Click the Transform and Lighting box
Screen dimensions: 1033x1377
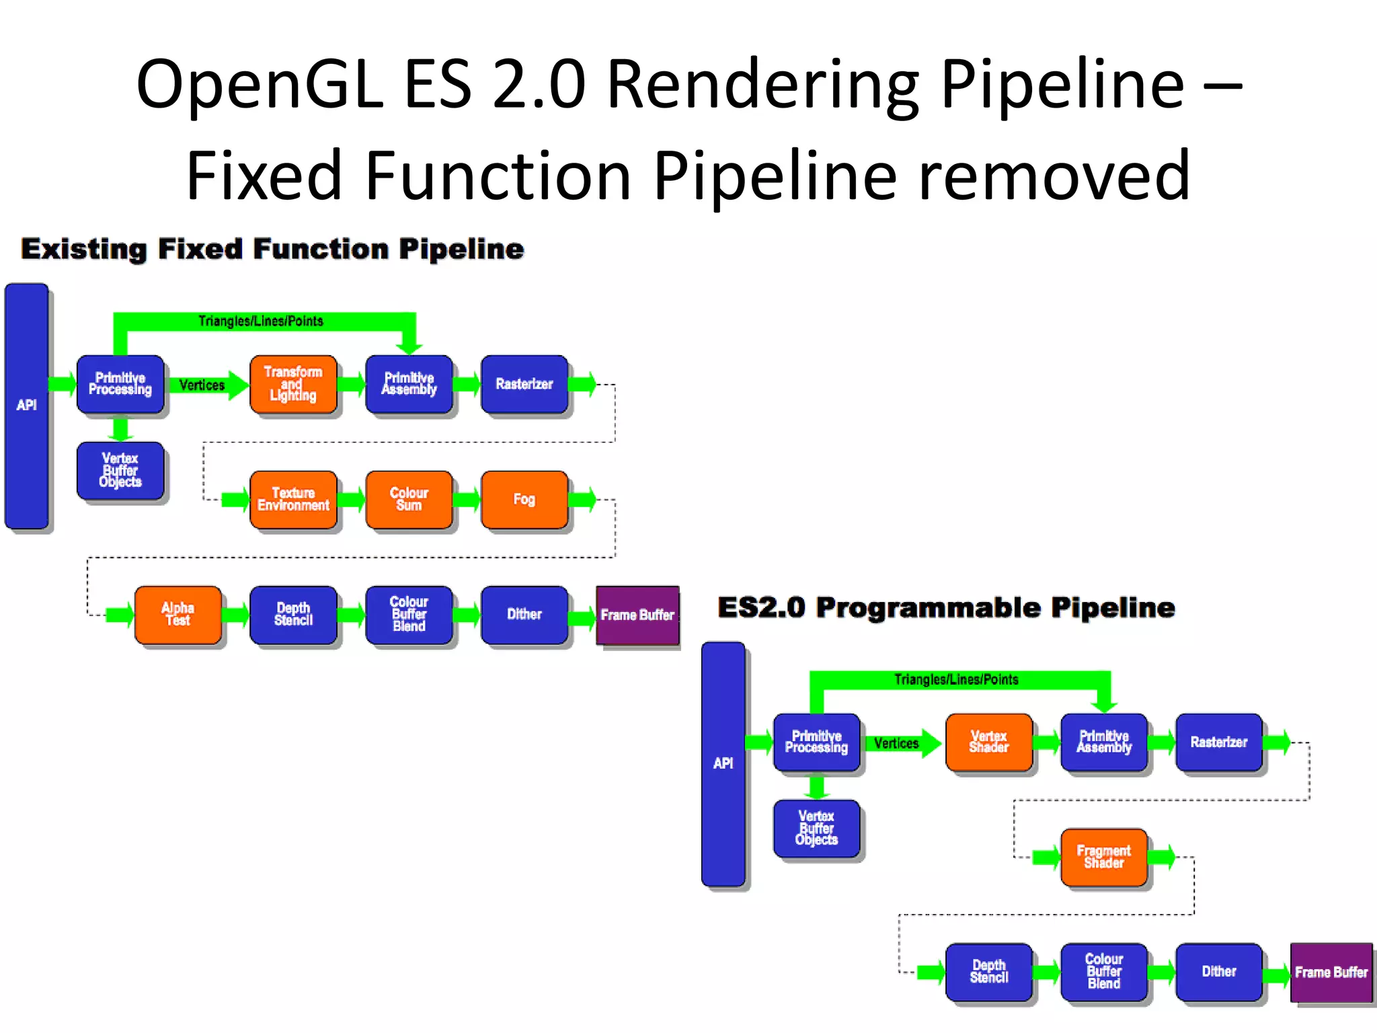pyautogui.click(x=292, y=384)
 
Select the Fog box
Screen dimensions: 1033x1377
pyautogui.click(x=524, y=499)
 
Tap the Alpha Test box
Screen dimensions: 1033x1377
pyautogui.click(x=178, y=614)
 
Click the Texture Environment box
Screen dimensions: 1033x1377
pyautogui.click(x=292, y=499)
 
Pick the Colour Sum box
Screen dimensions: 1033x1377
pyautogui.click(x=409, y=499)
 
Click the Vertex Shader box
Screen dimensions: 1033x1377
pyautogui.click(x=988, y=742)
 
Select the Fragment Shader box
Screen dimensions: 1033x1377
pyautogui.click(x=1103, y=857)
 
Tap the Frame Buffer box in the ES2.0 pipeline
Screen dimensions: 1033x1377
pyautogui.click(x=1331, y=972)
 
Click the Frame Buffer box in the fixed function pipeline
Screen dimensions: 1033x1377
pyautogui.click(x=637, y=615)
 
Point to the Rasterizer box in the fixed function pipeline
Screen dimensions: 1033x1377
pyautogui.click(x=524, y=384)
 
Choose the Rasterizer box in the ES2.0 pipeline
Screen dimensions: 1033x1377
pyautogui.click(x=1218, y=742)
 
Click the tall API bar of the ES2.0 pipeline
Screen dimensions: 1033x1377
pyautogui.click(x=723, y=763)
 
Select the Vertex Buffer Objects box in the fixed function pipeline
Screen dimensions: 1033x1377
pyautogui.click(x=120, y=470)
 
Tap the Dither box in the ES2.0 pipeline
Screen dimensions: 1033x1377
pyautogui.click(x=1218, y=972)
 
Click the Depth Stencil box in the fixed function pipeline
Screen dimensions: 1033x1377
pyautogui.click(x=292, y=614)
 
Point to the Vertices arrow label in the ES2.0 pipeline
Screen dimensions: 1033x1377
pyautogui.click(x=896, y=743)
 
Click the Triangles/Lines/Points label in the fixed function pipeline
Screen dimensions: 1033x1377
pyautogui.click(x=261, y=321)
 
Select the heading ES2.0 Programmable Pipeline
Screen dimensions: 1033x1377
pyautogui.click(x=946, y=607)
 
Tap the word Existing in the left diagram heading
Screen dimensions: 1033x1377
pyautogui.click(x=83, y=249)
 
